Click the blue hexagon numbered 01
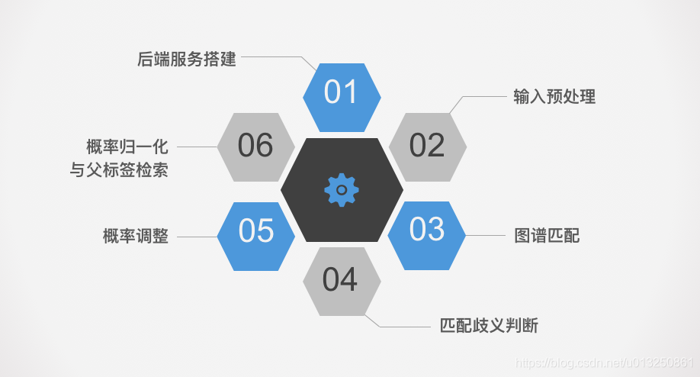(x=341, y=93)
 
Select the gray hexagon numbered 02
(x=427, y=146)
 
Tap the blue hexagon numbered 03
(x=426, y=229)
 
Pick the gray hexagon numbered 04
(x=341, y=280)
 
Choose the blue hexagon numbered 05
(x=256, y=231)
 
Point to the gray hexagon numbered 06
(x=255, y=146)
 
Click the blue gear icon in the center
(x=342, y=189)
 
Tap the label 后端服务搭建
(x=187, y=59)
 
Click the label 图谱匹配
(x=547, y=236)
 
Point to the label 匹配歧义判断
(x=489, y=326)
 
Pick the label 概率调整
(x=135, y=237)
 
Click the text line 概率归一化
(x=127, y=147)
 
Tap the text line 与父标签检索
(x=119, y=170)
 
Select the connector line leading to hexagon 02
(x=484, y=97)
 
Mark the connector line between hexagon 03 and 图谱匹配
(x=485, y=236)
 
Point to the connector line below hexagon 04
(x=404, y=327)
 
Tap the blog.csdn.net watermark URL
(x=603, y=362)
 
